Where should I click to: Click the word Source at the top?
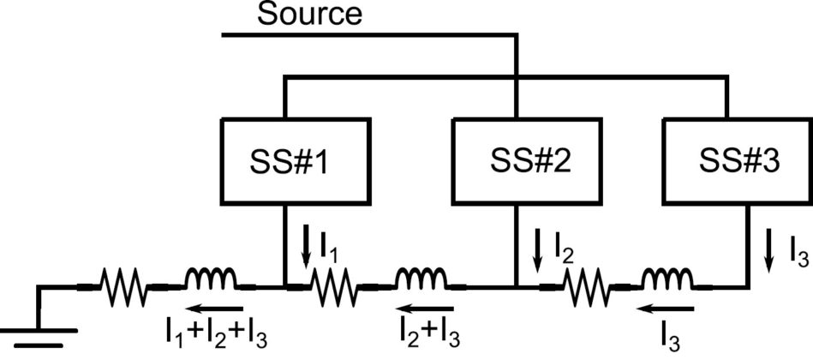tap(312, 15)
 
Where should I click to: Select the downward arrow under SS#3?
tap(768, 251)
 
